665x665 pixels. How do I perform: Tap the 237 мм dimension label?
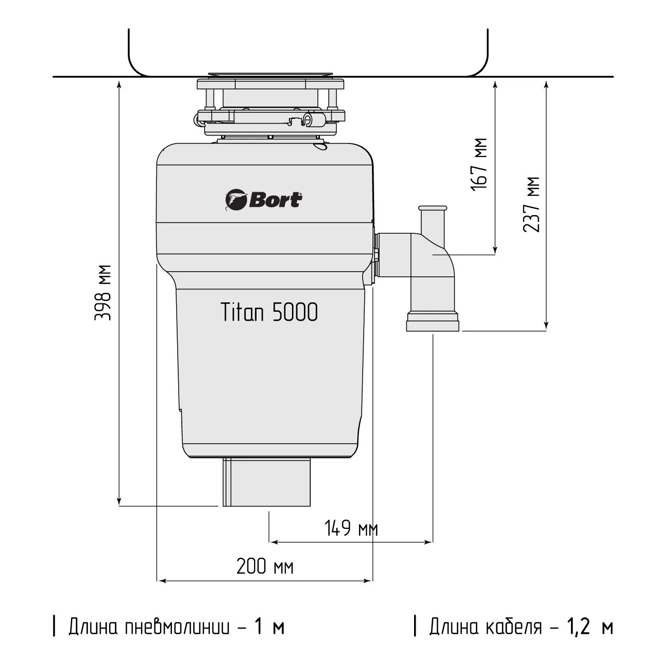[531, 204]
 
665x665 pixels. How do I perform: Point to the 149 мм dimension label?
[351, 529]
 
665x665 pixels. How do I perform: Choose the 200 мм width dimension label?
[265, 566]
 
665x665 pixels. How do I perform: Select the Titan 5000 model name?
[270, 313]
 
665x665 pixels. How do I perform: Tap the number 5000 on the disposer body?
[295, 313]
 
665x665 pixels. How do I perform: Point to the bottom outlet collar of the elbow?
[433, 322]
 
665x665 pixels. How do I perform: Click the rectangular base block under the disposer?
[268, 482]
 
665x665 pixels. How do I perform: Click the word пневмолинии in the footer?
[178, 627]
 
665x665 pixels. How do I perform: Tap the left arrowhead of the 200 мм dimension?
[161, 581]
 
